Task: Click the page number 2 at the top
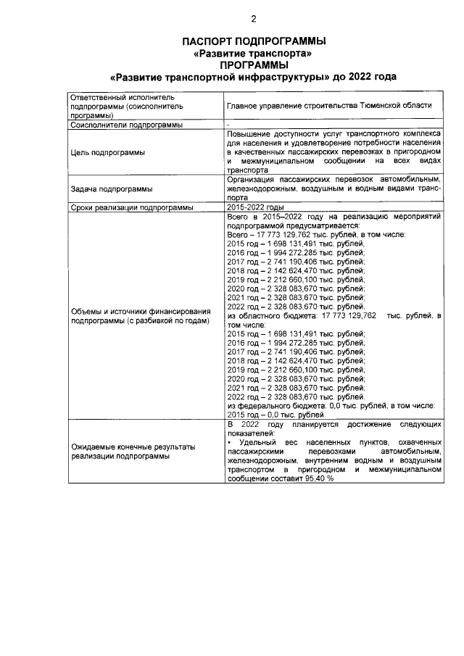(253, 19)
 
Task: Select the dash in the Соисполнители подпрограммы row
(228, 125)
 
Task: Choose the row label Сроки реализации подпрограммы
(131, 208)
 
